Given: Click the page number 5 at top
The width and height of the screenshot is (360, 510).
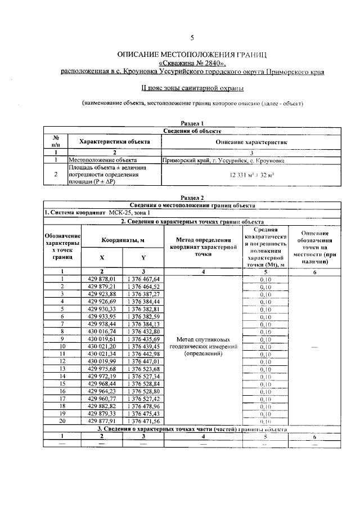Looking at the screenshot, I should pos(192,38).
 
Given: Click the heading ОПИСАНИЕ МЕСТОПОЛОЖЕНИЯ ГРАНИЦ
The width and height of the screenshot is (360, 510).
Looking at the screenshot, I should pos(192,55).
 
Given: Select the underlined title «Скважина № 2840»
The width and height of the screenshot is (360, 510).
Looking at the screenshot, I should pos(192,64).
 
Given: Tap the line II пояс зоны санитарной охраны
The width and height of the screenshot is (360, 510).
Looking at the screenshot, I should pos(192,88).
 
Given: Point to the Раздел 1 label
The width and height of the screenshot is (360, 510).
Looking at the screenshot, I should pos(192,123).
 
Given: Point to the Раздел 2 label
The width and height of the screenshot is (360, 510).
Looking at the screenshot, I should pos(192,198).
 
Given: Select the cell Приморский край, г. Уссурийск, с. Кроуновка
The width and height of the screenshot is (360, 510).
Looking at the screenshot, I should pos(223,160).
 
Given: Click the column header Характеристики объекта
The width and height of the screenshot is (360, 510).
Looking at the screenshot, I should pos(114,142).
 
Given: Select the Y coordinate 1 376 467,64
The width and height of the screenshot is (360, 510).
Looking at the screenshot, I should pos(145,279).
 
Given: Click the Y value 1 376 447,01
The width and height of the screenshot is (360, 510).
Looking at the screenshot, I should pos(145,361).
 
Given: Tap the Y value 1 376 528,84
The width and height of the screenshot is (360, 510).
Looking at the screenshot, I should pos(145,383).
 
